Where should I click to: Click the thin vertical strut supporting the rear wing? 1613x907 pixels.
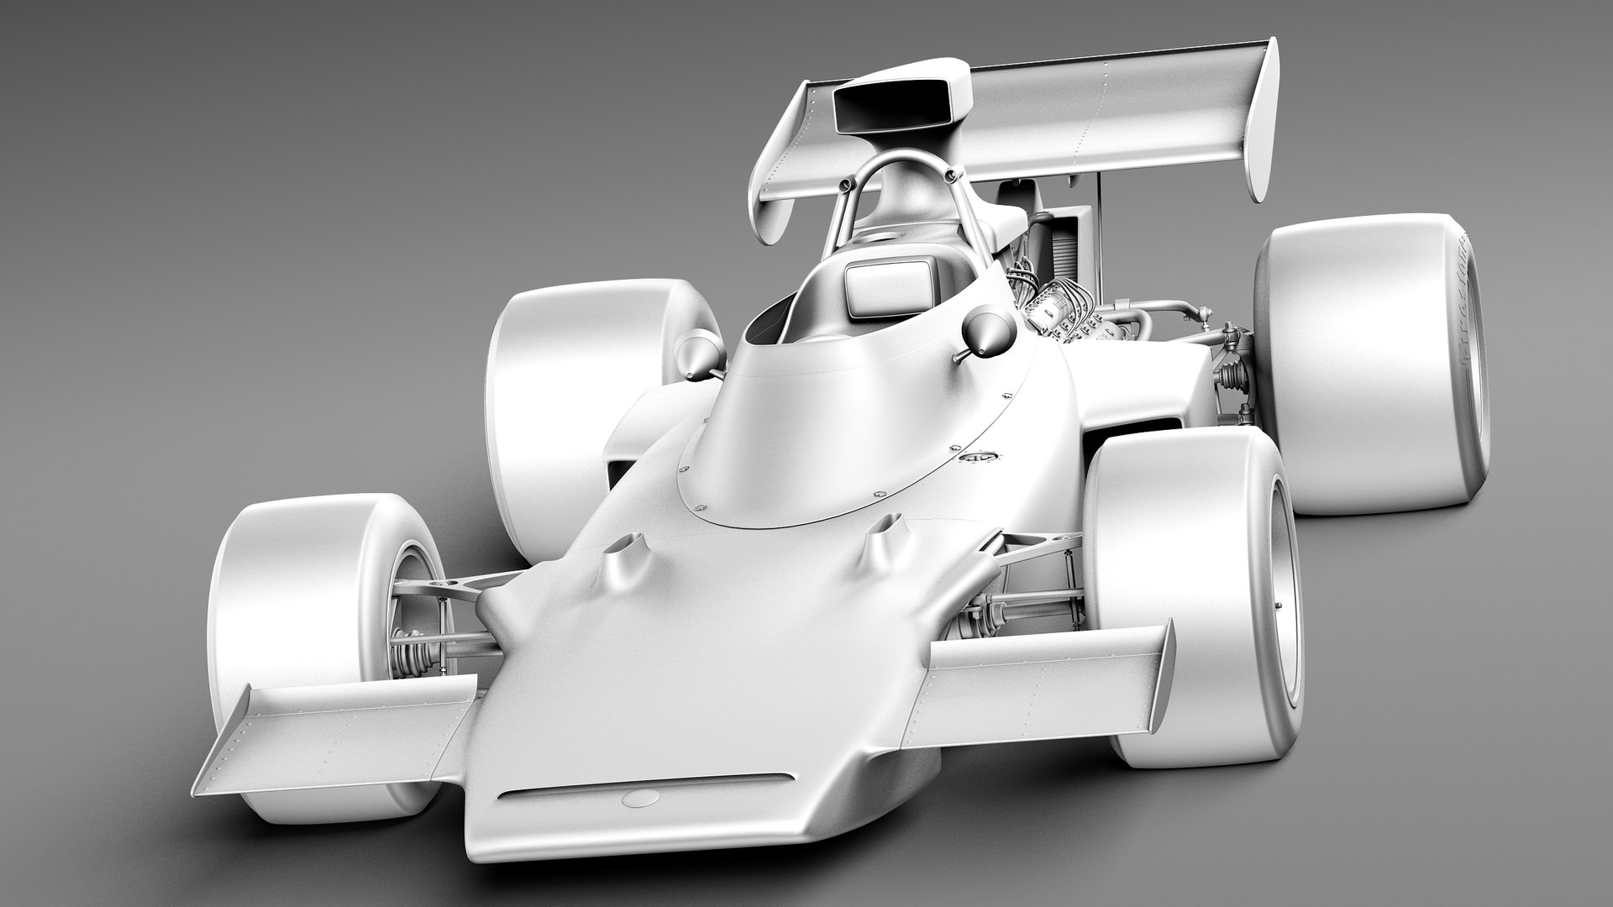(1097, 218)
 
